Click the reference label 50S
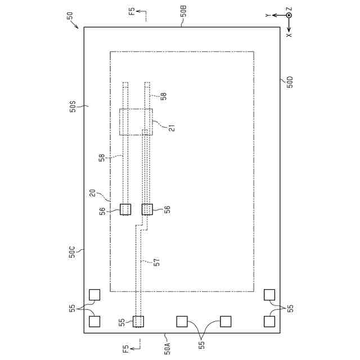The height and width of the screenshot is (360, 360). [x=73, y=107]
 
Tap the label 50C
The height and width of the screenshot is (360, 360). [x=72, y=252]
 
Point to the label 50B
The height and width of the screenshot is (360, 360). [x=184, y=11]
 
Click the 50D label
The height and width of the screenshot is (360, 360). [x=290, y=82]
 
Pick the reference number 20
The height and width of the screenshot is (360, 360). [x=92, y=193]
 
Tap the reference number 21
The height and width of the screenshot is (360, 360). [x=172, y=128]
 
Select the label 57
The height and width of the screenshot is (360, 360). [x=156, y=262]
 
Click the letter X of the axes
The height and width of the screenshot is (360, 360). [x=289, y=35]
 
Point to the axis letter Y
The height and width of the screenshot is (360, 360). [x=268, y=15]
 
